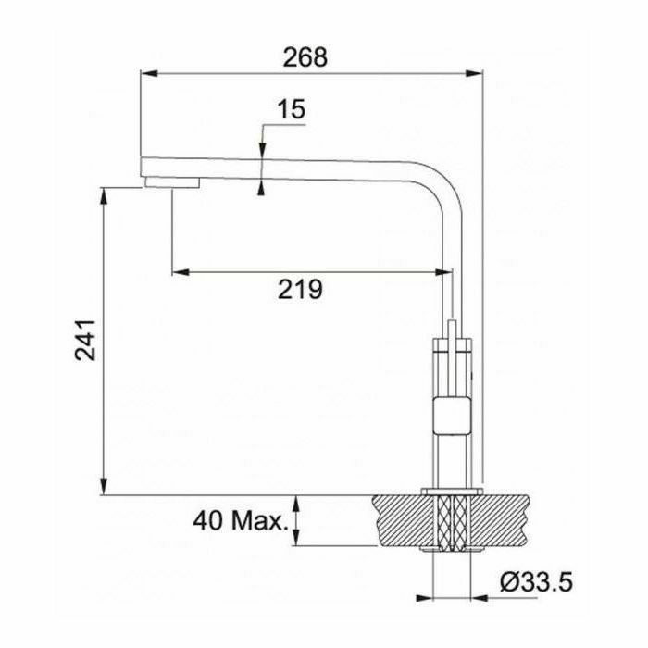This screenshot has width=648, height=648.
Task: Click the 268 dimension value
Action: (x=305, y=57)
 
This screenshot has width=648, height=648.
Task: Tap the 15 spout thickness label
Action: (x=291, y=109)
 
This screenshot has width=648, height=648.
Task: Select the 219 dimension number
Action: (x=300, y=289)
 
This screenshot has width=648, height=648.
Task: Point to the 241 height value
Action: (x=85, y=340)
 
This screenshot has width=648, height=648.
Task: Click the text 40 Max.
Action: (x=240, y=521)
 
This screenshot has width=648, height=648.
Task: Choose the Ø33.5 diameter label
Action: (x=536, y=582)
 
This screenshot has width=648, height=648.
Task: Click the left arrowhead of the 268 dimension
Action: (x=149, y=73)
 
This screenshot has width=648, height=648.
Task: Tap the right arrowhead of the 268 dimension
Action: (x=474, y=73)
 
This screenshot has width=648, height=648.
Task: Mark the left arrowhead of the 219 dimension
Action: (x=181, y=272)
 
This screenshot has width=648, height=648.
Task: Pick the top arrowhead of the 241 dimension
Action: (x=104, y=195)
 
